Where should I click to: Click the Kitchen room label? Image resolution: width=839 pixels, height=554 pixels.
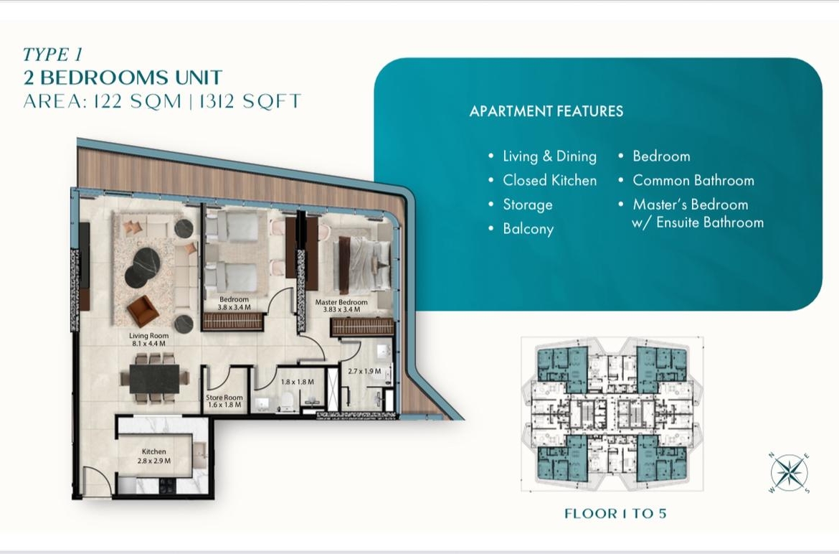154,452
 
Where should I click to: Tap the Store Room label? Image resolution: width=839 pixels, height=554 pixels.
224,398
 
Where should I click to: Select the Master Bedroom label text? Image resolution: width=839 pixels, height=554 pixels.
341,302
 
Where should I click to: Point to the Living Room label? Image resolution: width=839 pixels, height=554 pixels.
148,336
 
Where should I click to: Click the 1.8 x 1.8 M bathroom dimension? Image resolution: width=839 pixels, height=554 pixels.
298,382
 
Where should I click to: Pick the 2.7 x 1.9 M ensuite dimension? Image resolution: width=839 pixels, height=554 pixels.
364,371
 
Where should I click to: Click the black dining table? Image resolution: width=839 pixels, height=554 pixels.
155,378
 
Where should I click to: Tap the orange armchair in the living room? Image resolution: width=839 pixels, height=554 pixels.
142,311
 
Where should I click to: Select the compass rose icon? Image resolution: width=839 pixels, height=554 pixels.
790,473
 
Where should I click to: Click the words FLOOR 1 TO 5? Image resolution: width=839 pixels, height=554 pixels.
615,514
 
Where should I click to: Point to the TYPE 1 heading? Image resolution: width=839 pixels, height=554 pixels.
52,55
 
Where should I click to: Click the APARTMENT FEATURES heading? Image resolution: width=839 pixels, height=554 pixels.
546,111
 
